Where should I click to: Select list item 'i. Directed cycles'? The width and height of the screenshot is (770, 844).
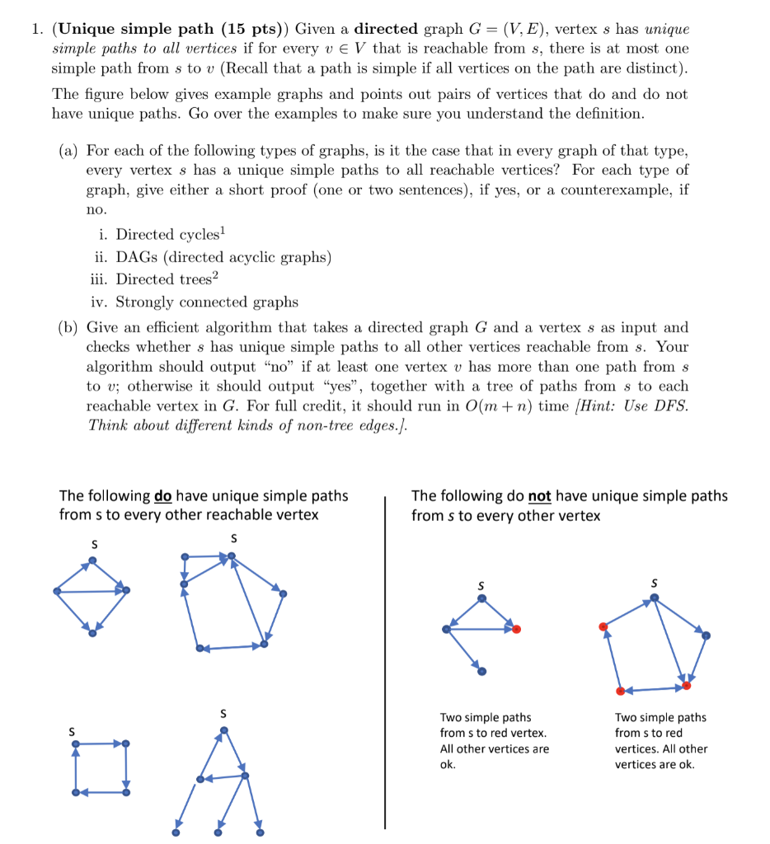click(157, 235)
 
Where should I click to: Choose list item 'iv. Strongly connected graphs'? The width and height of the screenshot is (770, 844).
click(195, 302)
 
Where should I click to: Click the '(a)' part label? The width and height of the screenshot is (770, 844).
click(68, 150)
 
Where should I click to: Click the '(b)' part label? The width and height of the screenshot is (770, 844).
click(68, 327)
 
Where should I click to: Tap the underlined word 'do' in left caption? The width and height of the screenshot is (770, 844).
click(162, 496)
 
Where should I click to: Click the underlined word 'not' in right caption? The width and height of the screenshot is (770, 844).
click(539, 496)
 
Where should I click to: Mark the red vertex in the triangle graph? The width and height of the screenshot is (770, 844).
click(516, 629)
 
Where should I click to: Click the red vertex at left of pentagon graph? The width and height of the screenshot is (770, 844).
click(603, 626)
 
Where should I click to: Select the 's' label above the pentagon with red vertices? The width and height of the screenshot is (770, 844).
click(655, 583)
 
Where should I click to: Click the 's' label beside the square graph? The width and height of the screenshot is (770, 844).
click(73, 730)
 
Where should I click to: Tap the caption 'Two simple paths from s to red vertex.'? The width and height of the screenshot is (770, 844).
click(493, 725)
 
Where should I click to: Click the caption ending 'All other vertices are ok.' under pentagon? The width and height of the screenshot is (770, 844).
click(660, 741)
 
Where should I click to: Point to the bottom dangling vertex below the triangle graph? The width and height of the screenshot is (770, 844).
click(482, 671)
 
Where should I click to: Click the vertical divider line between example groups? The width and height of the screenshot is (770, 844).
click(385, 659)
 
